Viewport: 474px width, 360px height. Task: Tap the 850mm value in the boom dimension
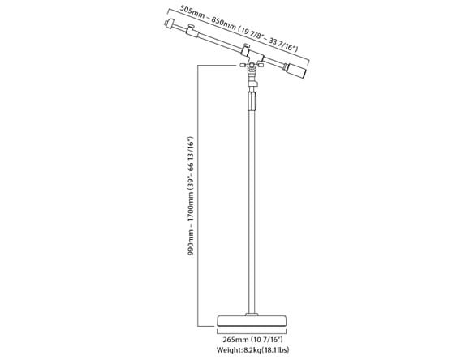pyautogui.click(x=224, y=24)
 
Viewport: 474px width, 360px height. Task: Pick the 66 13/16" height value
pyautogui.click(x=191, y=159)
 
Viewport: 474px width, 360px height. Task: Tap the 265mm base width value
pyautogui.click(x=236, y=340)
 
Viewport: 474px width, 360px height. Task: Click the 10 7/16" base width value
pyautogui.click(x=268, y=340)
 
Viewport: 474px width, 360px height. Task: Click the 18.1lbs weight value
pyautogui.click(x=276, y=350)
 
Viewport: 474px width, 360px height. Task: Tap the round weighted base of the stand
pyautogui.click(x=252, y=321)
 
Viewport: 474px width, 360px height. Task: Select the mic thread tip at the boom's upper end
pyautogui.click(x=170, y=24)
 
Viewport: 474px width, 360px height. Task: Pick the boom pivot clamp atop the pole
pyautogui.click(x=252, y=66)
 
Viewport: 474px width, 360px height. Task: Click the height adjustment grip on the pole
pyautogui.click(x=252, y=101)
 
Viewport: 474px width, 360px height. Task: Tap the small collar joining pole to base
pyautogui.click(x=252, y=315)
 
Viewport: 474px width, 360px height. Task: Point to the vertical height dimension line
pyautogui.click(x=198, y=195)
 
